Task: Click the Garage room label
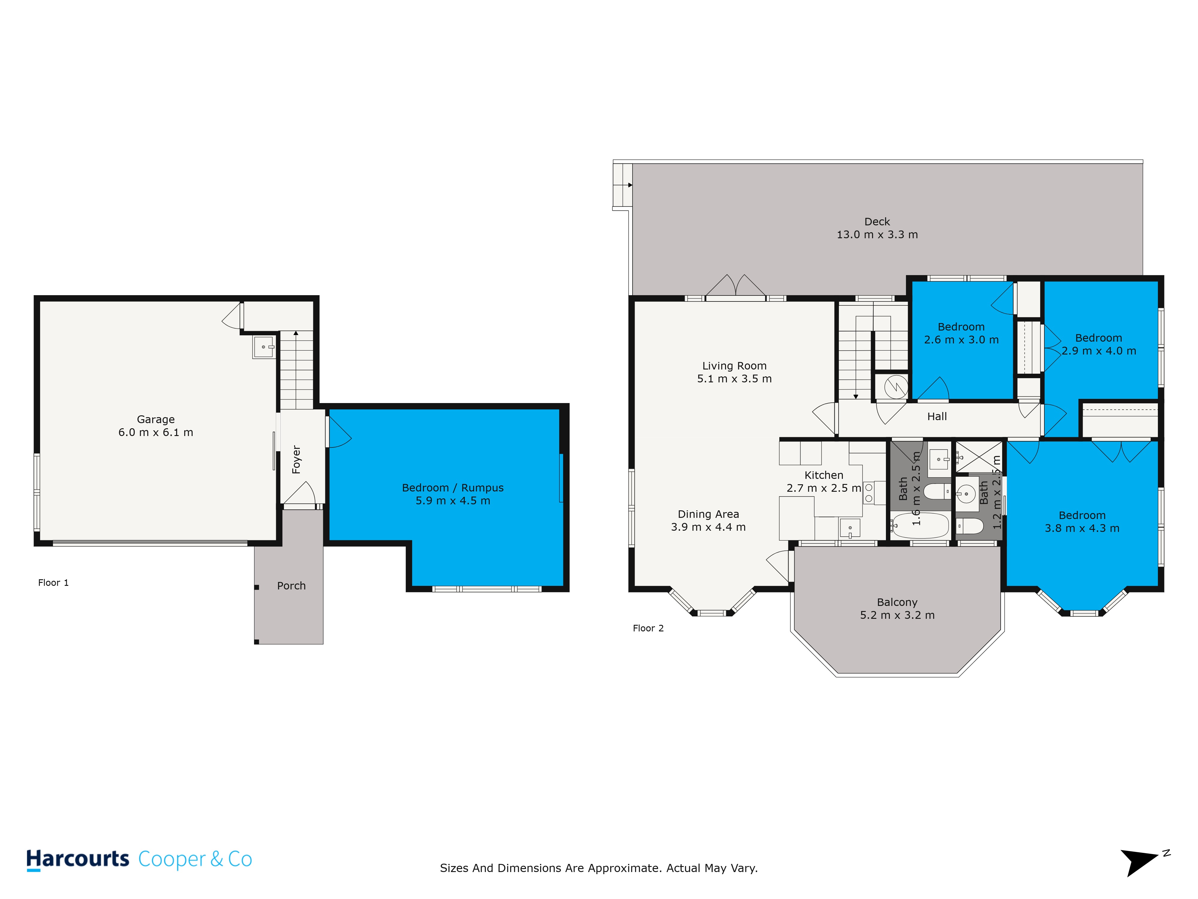click(x=156, y=420)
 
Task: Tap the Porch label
click(x=291, y=586)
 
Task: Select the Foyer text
click(x=296, y=459)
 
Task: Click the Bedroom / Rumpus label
click(x=453, y=488)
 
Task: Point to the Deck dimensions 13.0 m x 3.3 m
click(x=877, y=235)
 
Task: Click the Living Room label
click(x=734, y=366)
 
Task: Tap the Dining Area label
click(x=708, y=514)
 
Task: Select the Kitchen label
click(x=824, y=475)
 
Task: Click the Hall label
click(x=937, y=417)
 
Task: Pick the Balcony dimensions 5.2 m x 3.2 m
click(x=897, y=615)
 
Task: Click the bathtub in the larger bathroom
click(x=920, y=525)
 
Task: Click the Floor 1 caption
click(x=53, y=583)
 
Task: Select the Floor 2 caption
click(x=648, y=628)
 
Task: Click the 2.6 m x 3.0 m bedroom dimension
click(x=961, y=340)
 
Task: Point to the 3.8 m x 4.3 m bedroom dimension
click(x=1082, y=528)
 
